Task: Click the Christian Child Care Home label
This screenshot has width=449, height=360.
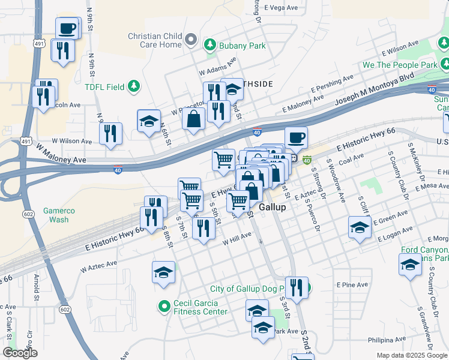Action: click(x=154, y=40)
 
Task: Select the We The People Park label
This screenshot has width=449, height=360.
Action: click(x=399, y=64)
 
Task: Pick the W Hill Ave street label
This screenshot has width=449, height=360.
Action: click(x=237, y=239)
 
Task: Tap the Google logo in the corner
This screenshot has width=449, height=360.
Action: click(x=20, y=353)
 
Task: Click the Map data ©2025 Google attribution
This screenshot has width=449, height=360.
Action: click(x=411, y=355)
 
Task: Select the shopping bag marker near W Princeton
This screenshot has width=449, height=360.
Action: click(x=194, y=119)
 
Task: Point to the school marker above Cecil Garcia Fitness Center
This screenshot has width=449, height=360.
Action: click(x=163, y=272)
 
